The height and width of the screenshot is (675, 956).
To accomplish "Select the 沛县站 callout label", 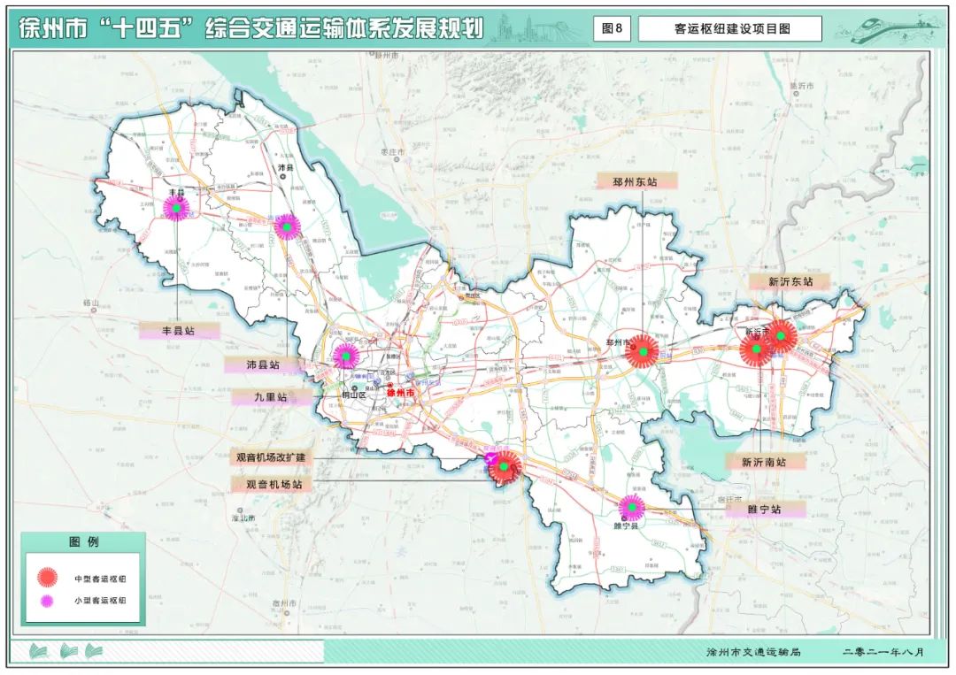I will tap(264, 364).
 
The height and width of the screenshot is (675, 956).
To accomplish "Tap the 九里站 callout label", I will tap(271, 397).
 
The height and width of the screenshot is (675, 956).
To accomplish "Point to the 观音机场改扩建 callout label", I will tap(270, 457).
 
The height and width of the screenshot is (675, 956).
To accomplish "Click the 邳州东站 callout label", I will tap(635, 180).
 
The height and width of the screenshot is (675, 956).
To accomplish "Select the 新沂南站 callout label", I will tap(766, 461).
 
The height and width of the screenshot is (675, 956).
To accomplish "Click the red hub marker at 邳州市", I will tap(641, 351).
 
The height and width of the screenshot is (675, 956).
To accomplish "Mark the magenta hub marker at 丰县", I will tap(177, 208).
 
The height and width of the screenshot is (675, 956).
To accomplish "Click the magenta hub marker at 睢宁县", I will tap(631, 507).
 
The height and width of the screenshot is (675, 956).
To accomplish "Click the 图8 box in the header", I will tap(612, 28).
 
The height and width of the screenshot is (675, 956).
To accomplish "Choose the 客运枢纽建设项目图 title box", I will tap(729, 28).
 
